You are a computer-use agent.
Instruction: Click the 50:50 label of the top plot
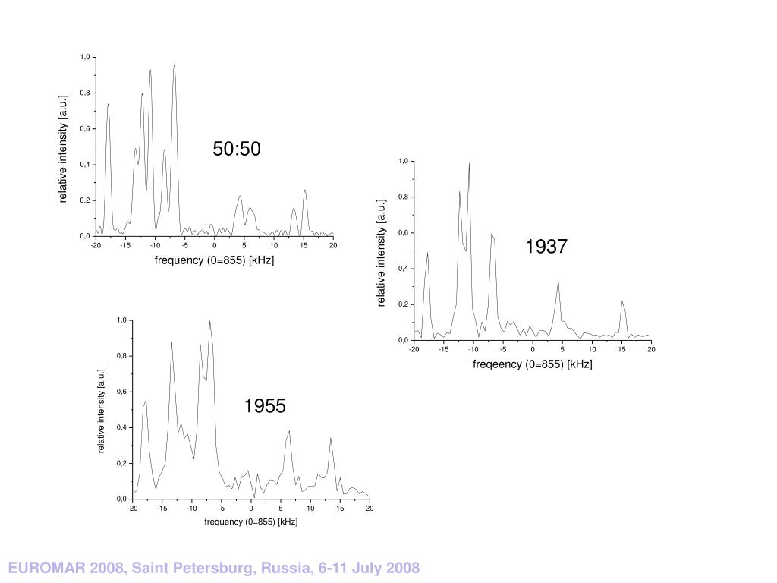coord(237,150)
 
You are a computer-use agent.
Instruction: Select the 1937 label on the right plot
coord(546,247)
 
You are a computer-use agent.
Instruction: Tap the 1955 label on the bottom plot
coord(265,407)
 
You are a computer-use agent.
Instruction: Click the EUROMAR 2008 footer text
coord(214,568)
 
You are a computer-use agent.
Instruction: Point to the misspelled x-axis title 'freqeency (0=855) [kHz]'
coord(532,364)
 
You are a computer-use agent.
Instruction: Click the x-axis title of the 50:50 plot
coord(214,260)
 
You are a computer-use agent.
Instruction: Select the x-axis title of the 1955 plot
coord(250,522)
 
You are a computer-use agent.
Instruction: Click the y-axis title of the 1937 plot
coord(382,253)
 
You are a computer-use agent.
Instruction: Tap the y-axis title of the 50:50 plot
coord(64,149)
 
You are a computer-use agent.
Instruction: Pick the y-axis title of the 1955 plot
coord(101,411)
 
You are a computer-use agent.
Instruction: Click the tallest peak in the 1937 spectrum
coord(469,164)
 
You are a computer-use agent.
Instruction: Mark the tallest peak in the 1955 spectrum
coord(209,322)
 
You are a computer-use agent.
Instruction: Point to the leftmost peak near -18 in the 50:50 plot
coord(108,105)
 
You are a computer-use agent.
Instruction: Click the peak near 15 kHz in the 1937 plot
coord(622,301)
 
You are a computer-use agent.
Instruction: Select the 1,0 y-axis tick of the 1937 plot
coord(403,162)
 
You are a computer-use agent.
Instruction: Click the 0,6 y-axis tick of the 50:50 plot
coord(85,129)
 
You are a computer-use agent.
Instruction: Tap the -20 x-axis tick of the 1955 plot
coord(132,509)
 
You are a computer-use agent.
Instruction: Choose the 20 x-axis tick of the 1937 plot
coord(651,349)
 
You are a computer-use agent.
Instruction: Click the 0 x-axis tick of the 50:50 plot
coord(214,245)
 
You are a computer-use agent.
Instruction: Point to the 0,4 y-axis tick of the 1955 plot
coord(121,428)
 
